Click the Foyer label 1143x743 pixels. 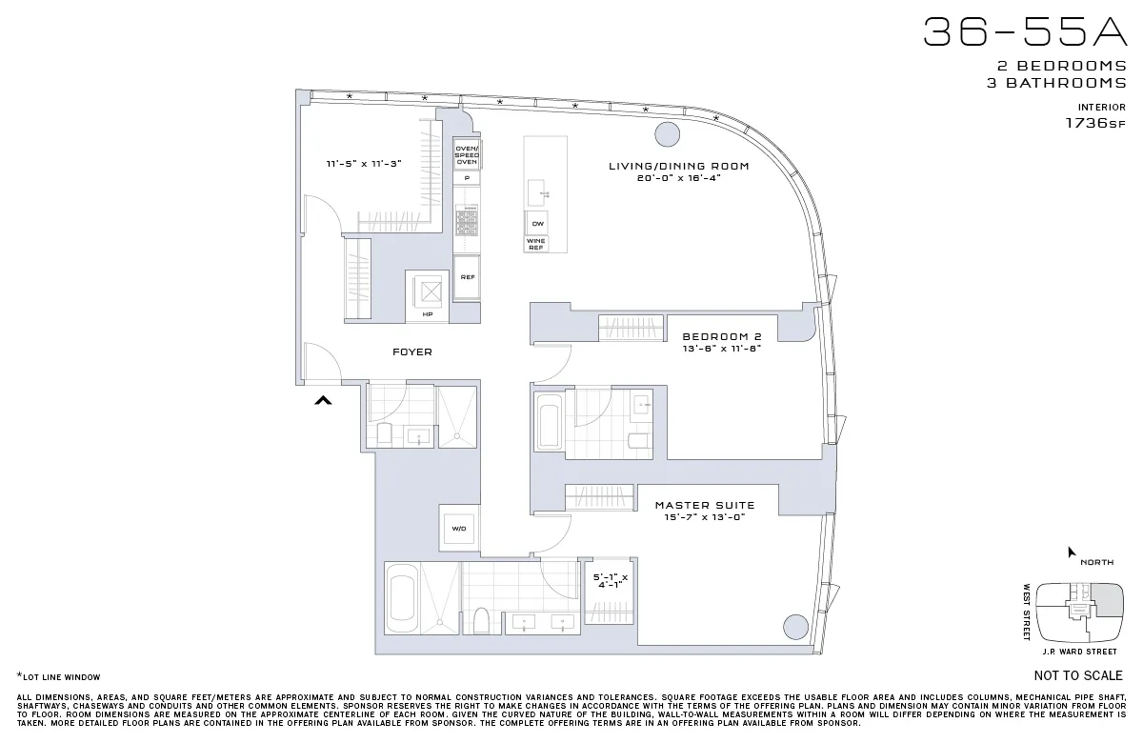click(411, 352)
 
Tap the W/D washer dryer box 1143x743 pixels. click(458, 528)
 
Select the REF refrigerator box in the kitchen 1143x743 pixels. click(467, 277)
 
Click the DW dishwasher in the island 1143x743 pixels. click(537, 223)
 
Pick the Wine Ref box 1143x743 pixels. click(536, 244)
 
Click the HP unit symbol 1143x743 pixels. click(426, 296)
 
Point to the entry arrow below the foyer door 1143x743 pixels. click(323, 401)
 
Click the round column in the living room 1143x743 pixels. click(667, 133)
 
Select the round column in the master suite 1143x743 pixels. click(794, 627)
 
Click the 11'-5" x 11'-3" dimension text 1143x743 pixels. click(364, 164)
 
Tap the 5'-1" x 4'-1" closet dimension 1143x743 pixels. click(609, 581)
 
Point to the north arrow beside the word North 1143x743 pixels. click(1072, 552)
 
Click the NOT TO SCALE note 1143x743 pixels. click(1077, 676)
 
